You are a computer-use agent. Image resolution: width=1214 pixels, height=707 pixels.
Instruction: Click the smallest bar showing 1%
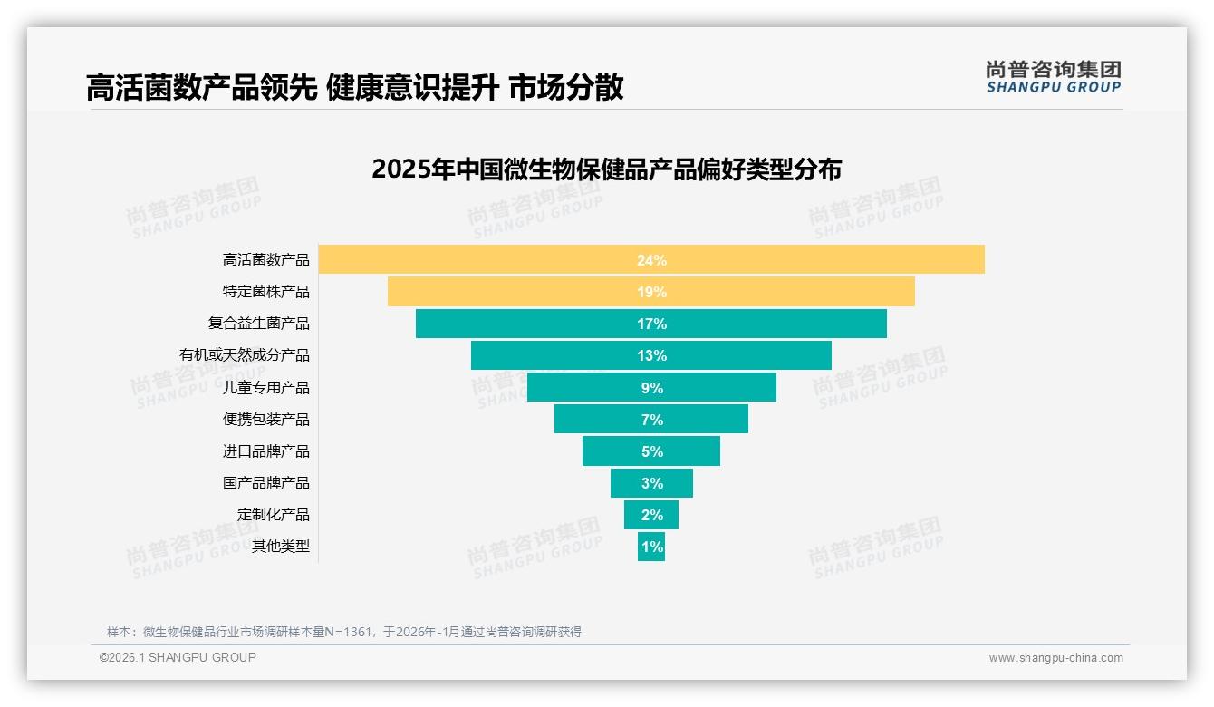click(651, 547)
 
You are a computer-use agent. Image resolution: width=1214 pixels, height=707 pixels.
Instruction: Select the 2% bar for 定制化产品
click(651, 515)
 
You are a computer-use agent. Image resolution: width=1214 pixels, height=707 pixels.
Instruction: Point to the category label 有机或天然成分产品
click(244, 355)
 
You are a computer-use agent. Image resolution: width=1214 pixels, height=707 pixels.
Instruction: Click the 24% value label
click(651, 260)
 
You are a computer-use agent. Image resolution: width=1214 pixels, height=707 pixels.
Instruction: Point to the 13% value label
click(651, 355)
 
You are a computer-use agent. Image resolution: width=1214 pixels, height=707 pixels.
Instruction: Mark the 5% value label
click(651, 451)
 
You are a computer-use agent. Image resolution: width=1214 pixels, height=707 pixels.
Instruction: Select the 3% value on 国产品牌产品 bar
click(651, 483)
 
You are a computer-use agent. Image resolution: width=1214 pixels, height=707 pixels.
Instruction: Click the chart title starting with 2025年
click(606, 169)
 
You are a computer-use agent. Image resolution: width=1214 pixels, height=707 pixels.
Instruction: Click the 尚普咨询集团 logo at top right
click(1053, 77)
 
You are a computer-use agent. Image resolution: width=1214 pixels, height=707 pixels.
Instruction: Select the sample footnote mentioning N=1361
click(344, 632)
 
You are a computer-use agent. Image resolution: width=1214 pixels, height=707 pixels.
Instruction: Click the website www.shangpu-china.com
click(1055, 658)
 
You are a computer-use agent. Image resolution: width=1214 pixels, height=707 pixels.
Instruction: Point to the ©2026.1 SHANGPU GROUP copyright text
click(178, 657)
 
